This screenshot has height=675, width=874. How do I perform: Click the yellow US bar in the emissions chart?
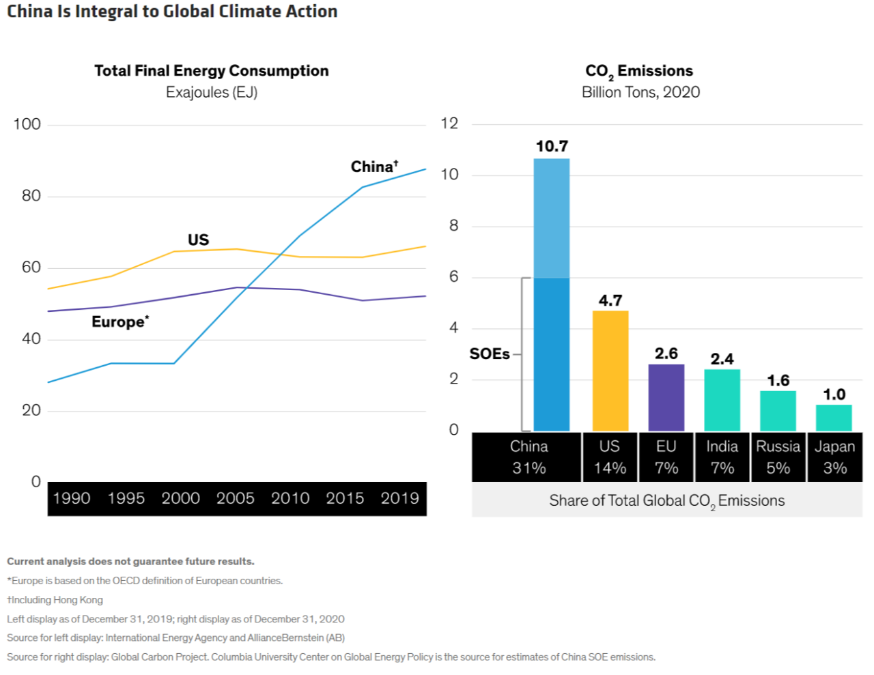coord(610,371)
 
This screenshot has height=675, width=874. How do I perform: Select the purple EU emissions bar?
coord(666,398)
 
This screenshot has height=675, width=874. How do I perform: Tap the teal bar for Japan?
coord(834,418)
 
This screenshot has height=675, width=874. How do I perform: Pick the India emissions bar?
coord(722,401)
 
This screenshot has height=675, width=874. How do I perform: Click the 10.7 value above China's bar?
coord(552,146)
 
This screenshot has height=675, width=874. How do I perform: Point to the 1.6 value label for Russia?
coord(778,380)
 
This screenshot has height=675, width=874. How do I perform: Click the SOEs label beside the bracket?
coord(490,354)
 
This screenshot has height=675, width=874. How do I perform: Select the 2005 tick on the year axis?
coord(236,498)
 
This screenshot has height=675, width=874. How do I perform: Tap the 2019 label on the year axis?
coord(400,498)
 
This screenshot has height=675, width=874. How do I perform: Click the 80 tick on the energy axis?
coord(31,196)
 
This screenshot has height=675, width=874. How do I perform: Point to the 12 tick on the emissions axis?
coord(449,124)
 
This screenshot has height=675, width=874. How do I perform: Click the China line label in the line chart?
coord(374,167)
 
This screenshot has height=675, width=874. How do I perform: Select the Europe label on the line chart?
coord(120,321)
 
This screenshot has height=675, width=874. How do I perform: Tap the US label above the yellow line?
coord(198,240)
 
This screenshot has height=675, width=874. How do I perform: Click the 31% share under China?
coord(529,468)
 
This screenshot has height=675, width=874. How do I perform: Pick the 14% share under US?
coord(610,468)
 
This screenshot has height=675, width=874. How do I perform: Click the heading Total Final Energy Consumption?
coord(212,71)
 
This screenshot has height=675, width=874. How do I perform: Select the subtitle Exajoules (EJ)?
coord(212,92)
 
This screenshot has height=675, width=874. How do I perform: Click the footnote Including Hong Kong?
coord(55,600)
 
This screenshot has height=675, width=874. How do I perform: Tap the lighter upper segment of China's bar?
coord(552,218)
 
